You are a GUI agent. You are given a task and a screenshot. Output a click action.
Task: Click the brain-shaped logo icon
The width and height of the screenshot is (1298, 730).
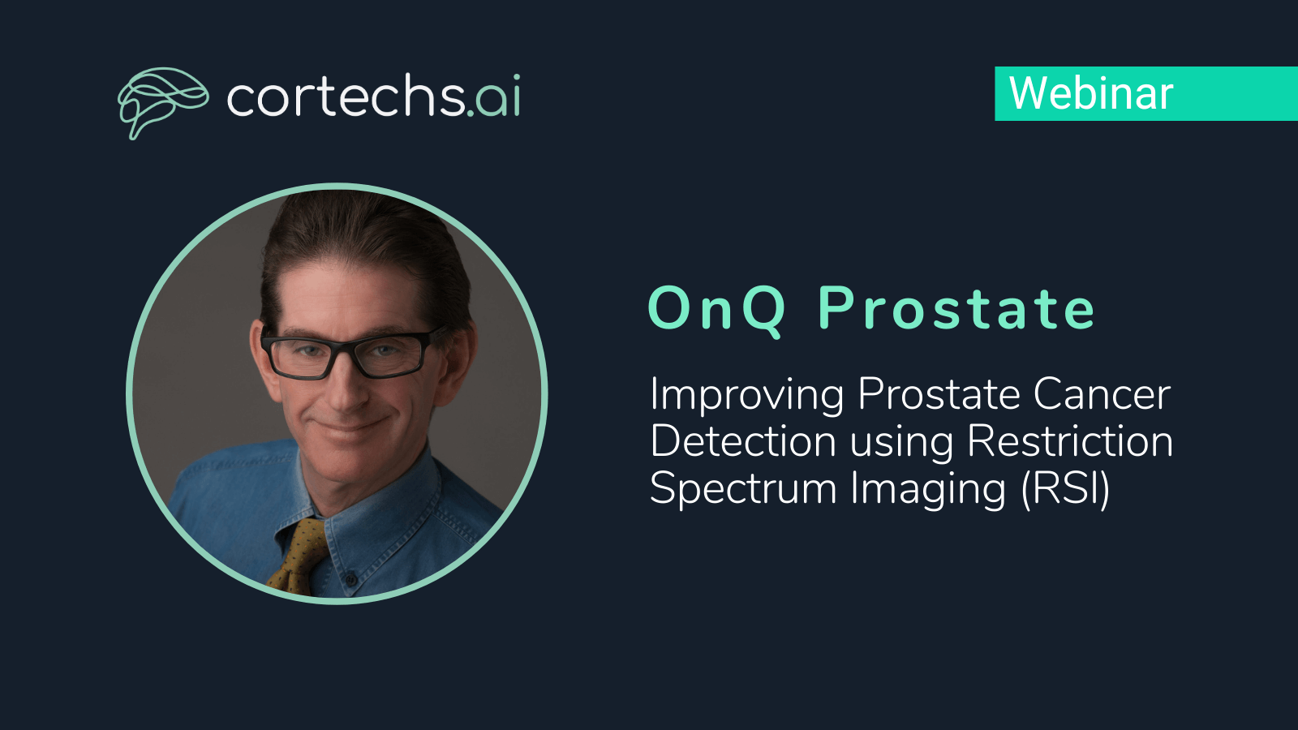[x=163, y=102]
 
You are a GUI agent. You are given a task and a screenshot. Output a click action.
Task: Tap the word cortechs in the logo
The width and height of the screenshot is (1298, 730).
[x=346, y=96]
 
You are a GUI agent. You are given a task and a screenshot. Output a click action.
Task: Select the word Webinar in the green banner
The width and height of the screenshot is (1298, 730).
[x=1091, y=93]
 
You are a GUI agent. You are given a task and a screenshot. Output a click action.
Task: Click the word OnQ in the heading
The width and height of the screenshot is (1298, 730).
[x=717, y=309]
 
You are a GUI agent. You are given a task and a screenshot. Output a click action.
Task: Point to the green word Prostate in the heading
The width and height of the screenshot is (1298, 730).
[x=956, y=308]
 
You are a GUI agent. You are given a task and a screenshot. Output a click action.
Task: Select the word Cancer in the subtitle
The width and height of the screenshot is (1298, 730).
[x=1102, y=395]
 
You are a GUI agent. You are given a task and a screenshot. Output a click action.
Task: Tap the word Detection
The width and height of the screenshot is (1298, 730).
[x=743, y=442]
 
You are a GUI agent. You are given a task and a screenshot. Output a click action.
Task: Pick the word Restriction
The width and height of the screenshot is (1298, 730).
[x=1070, y=442]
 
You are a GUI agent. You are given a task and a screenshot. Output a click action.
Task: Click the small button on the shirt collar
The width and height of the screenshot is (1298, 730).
[x=350, y=578]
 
